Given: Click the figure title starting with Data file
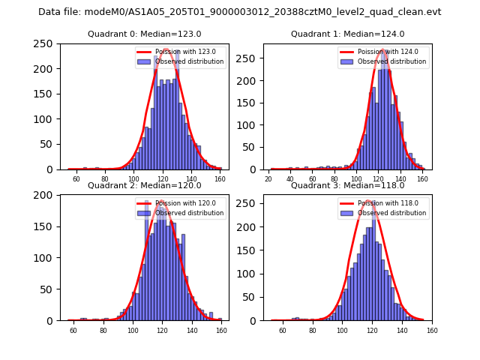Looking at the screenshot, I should (239, 12).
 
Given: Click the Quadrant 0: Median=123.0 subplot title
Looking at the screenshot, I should (145, 34).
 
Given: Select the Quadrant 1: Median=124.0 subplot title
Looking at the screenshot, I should (347, 34).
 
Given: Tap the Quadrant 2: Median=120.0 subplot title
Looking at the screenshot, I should (145, 185).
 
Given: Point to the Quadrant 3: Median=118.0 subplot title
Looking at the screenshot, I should (347, 185).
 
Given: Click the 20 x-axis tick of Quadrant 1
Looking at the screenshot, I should (268, 179).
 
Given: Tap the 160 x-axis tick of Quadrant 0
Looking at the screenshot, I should (220, 179).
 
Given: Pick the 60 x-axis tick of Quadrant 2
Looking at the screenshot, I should (73, 331).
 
